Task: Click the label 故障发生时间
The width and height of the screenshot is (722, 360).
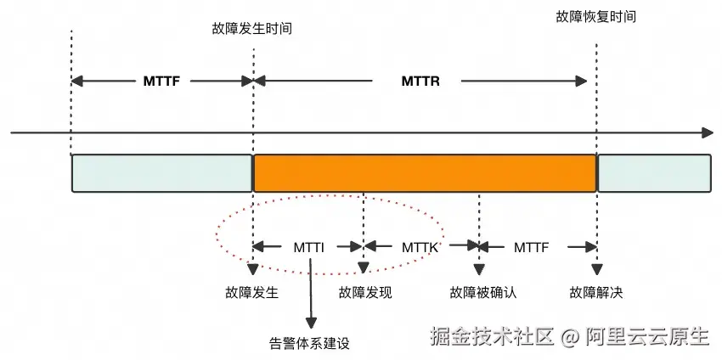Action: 252,28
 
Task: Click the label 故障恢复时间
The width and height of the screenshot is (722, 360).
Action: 595,16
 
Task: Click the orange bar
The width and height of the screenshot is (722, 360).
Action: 425,172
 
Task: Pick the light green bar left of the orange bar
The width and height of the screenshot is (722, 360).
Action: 161,172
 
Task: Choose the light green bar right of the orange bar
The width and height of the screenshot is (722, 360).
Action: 654,172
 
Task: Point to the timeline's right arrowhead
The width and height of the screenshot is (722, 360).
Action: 708,133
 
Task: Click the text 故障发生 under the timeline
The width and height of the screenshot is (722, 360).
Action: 253,293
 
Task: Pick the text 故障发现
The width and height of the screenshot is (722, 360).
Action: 365,293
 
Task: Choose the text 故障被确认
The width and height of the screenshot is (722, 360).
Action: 482,293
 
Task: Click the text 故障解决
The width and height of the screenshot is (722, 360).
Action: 596,293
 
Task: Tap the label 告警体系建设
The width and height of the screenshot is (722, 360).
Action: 309,343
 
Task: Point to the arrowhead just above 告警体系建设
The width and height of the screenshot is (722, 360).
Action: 311,323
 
